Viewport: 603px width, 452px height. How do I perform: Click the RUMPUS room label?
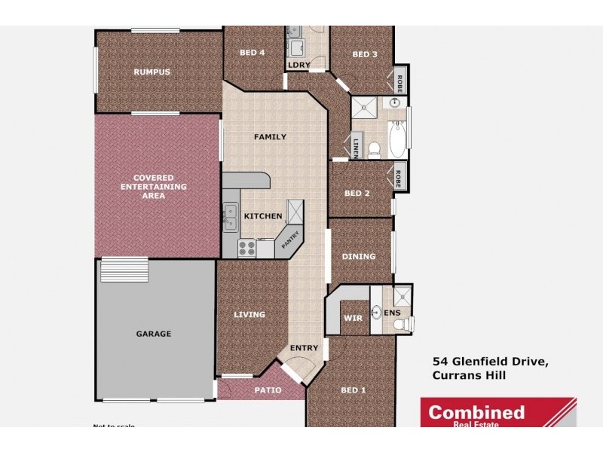coord(152,72)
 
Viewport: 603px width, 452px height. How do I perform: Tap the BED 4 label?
coord(252,53)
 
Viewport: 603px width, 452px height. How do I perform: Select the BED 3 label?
coord(365,54)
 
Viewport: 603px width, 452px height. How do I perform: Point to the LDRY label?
coord(296,66)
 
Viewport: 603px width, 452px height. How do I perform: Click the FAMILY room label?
coord(269,137)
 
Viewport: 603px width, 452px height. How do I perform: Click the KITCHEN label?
coord(262,216)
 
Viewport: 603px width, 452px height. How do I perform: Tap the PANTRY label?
coord(290,240)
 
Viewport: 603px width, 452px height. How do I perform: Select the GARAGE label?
coord(153,334)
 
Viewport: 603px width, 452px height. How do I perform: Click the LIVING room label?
coord(249,315)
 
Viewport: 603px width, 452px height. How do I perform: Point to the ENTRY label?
coord(305,347)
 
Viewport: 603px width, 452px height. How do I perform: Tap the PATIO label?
coord(268,390)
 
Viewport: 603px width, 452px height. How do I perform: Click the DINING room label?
coord(358,257)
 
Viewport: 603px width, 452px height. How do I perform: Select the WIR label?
coord(353,318)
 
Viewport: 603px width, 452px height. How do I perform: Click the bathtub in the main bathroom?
coord(397,139)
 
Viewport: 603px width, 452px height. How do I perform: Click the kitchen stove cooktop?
coord(246,247)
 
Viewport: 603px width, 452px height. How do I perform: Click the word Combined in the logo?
coord(476,412)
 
